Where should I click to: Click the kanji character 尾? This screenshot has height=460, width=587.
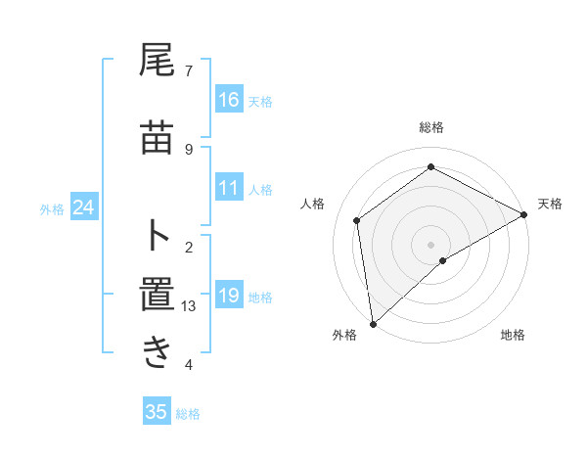(x=157, y=62)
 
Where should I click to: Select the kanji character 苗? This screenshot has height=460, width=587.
(x=157, y=140)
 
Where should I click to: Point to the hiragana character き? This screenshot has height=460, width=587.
(x=157, y=353)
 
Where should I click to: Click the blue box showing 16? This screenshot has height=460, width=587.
(x=229, y=100)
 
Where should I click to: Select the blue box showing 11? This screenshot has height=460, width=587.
(x=229, y=188)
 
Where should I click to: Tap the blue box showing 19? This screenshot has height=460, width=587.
(x=229, y=296)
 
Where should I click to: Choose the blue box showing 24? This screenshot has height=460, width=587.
(x=84, y=207)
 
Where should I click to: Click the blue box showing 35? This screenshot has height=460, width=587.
(x=157, y=412)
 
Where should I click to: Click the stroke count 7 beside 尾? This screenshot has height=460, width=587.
(x=189, y=70)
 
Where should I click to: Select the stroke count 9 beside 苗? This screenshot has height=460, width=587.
(x=189, y=149)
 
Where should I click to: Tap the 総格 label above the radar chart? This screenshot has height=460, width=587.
(x=430, y=127)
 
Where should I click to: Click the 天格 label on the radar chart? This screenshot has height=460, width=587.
(x=550, y=204)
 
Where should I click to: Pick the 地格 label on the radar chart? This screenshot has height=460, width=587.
(x=513, y=335)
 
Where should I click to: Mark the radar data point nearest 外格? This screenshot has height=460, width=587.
(x=372, y=324)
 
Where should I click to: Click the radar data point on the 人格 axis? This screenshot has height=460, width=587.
(x=357, y=220)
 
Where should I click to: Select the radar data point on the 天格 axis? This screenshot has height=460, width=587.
(x=524, y=214)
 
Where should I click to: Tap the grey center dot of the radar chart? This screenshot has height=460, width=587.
(x=430, y=244)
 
